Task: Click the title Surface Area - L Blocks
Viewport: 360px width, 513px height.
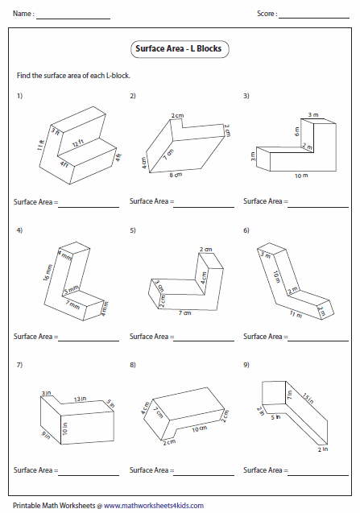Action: tap(180, 49)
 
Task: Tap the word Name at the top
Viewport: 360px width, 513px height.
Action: tap(23, 14)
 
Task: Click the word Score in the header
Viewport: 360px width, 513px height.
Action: tap(267, 14)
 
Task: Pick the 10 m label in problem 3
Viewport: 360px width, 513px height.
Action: tap(300, 175)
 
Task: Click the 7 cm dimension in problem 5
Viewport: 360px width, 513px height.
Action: tap(184, 312)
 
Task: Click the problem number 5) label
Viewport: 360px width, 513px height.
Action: tap(132, 231)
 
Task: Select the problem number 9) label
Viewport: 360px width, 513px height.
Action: tap(246, 366)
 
